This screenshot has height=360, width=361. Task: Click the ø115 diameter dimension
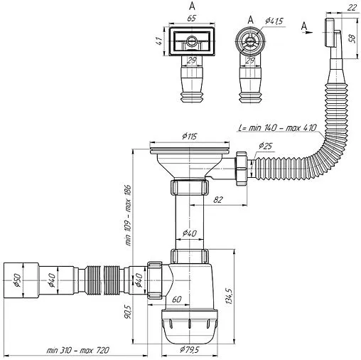click(189, 137)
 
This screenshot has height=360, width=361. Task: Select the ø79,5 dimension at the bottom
click(190, 349)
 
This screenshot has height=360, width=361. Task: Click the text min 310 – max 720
click(78, 351)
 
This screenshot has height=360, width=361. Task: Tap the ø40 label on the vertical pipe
click(189, 233)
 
